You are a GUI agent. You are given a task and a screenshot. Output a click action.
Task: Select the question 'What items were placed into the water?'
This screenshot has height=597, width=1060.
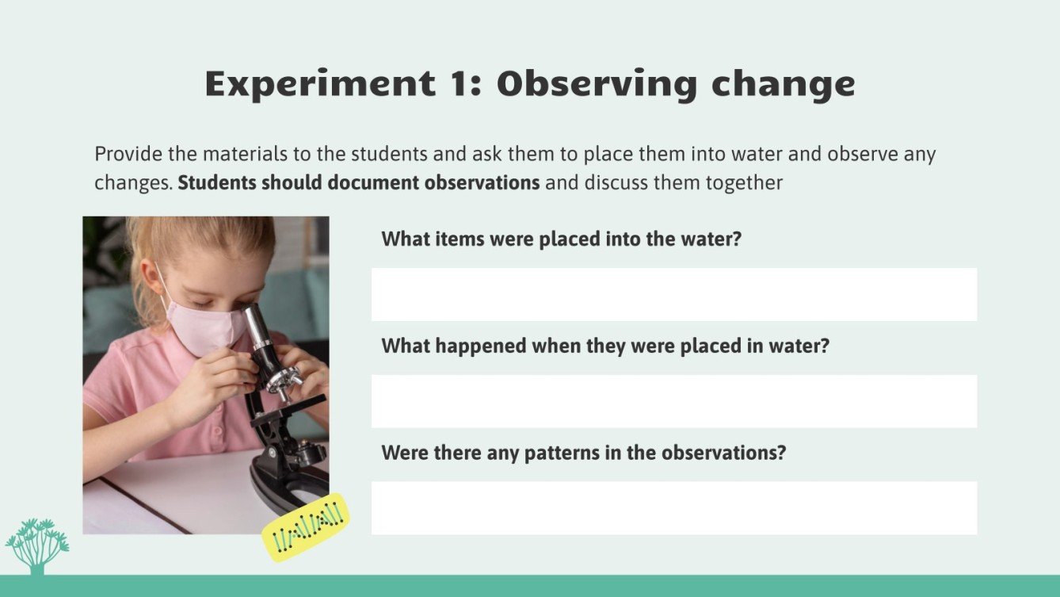[561, 239]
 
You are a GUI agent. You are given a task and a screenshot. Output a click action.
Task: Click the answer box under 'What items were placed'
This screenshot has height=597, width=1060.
[673, 294]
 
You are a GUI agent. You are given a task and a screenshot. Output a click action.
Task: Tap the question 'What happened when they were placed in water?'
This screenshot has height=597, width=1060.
[604, 346]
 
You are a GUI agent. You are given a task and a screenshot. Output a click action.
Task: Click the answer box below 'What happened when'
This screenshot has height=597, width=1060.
[673, 401]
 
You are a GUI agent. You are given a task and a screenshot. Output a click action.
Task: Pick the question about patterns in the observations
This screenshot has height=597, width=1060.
[583, 453]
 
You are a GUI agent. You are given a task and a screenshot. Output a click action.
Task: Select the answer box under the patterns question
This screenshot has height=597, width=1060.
[673, 507]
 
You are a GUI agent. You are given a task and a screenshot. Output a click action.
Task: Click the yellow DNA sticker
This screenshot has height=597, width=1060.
[305, 528]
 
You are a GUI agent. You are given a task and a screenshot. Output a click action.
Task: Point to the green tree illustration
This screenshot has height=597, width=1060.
[36, 545]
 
